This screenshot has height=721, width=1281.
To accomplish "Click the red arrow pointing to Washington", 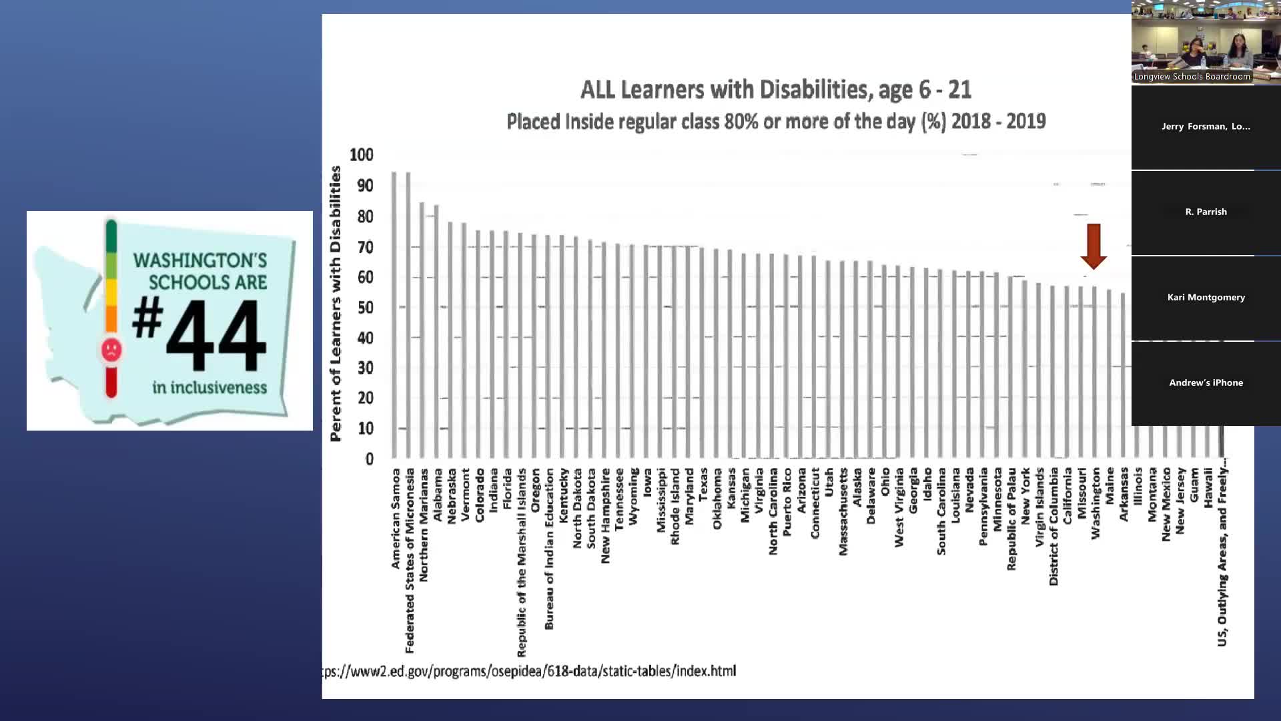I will [1094, 246].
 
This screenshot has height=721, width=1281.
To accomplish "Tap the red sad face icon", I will [111, 349].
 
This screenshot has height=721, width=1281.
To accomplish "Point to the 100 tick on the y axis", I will [362, 155].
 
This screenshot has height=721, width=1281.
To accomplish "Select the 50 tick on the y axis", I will [365, 307].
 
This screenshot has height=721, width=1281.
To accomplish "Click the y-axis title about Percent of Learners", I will [336, 304].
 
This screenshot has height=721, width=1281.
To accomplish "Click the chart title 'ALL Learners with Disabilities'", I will [776, 89].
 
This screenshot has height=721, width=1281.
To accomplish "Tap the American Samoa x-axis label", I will [396, 518].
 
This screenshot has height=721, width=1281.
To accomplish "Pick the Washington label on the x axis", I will [1096, 503].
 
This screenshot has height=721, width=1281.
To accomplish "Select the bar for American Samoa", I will [394, 314].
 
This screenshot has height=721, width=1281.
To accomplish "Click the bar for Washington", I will [1094, 373].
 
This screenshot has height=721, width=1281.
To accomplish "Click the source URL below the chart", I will [529, 671].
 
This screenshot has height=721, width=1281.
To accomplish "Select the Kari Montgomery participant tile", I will [1206, 298].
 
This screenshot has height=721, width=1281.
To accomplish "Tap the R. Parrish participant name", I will [1206, 212].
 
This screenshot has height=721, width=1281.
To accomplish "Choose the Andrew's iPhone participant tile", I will [1206, 383].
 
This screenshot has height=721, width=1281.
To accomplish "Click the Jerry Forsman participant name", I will [1206, 126].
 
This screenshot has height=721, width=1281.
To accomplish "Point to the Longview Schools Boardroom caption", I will [1192, 77].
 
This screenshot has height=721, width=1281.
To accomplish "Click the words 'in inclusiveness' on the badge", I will [209, 387].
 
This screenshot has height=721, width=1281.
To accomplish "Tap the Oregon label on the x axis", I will [535, 490].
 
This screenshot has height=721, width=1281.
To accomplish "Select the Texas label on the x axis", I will [703, 485].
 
